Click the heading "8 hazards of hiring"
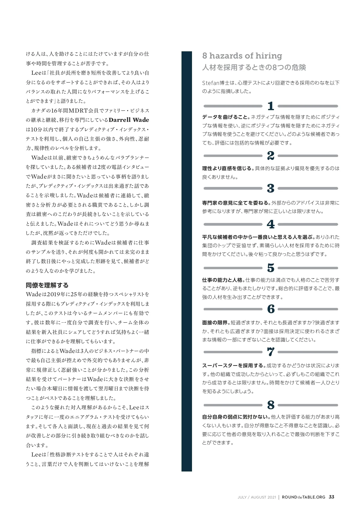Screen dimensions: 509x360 [242, 56]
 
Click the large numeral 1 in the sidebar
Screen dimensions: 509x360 [271, 106]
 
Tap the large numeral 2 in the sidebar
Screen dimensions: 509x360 [271, 156]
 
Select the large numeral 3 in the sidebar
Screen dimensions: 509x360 [271, 188]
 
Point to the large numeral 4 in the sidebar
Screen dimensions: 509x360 [271, 224]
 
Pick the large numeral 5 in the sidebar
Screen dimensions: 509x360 [271, 268]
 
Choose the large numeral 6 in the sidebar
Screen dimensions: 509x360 [271, 309]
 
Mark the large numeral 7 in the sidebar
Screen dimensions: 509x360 [271, 352]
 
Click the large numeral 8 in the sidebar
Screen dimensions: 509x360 [271, 405]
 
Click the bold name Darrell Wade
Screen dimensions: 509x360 [129, 120]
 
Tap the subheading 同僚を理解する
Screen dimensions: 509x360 [47, 285]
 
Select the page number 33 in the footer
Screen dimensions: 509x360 [331, 497]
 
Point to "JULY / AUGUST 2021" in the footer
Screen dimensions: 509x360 [256, 497]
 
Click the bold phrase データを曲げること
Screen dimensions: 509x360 [226, 117]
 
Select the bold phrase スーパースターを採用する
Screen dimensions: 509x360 [233, 366]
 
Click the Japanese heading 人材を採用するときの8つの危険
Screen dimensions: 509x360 [254, 67]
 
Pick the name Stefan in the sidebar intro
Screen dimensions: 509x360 [211, 83]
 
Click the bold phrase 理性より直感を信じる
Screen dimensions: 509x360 [228, 168]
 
